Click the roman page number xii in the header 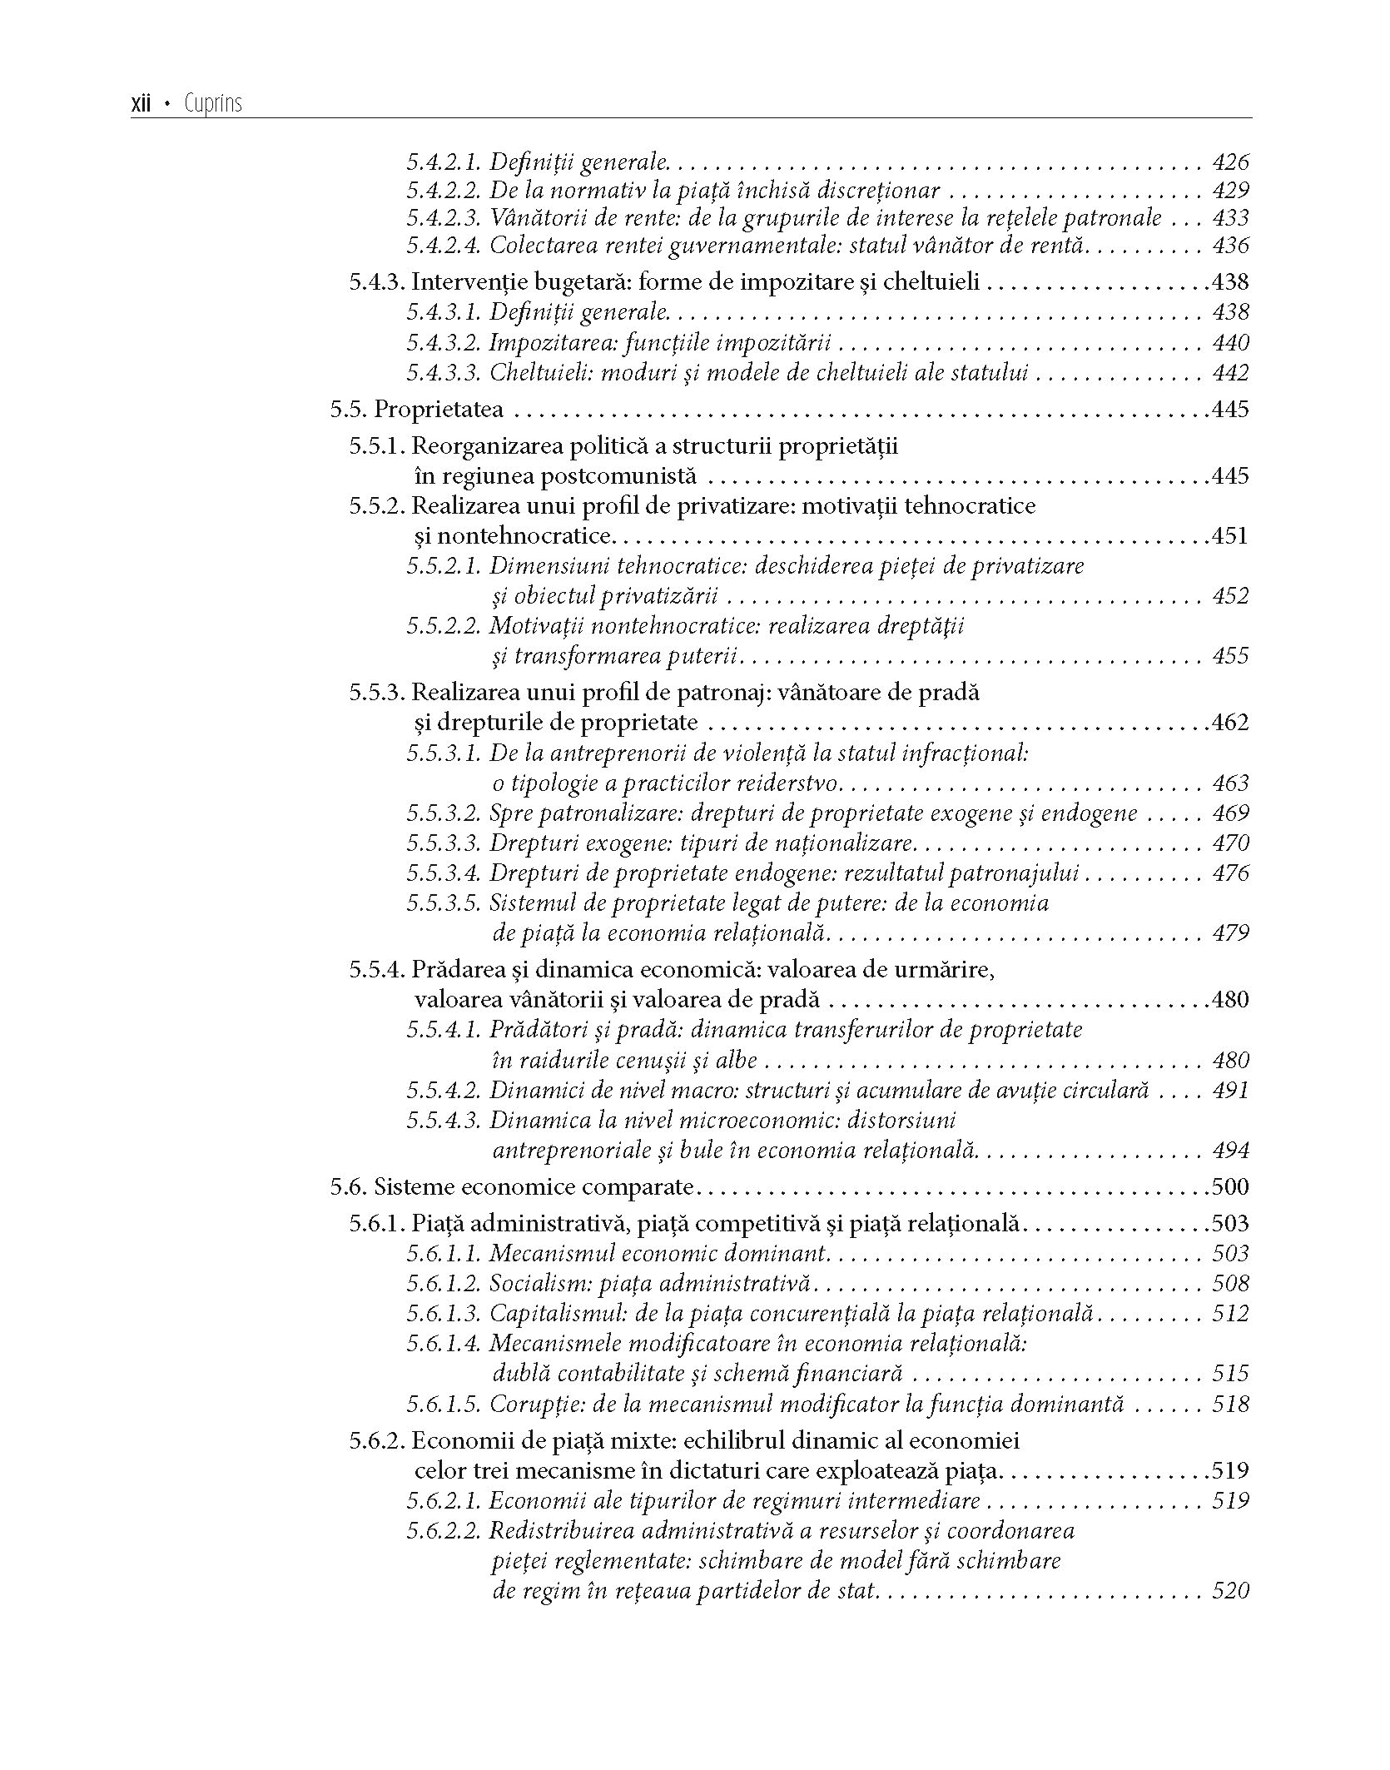141,104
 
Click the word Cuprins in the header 213,104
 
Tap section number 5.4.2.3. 444,218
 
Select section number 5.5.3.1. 444,753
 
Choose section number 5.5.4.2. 444,1091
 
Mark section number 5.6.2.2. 444,1531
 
